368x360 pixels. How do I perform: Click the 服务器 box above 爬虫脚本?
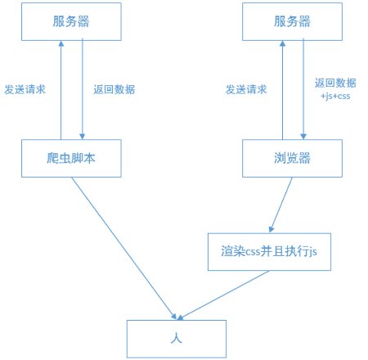(x=71, y=21)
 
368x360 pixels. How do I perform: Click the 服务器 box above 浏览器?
(x=292, y=21)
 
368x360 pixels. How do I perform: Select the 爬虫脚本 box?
(x=71, y=158)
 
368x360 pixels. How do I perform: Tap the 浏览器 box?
(x=292, y=158)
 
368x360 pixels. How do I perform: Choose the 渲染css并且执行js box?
(x=269, y=251)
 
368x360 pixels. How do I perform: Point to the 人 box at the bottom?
(x=176, y=338)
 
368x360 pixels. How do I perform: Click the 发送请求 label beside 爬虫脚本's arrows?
(x=25, y=89)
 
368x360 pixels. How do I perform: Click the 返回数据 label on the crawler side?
(x=114, y=89)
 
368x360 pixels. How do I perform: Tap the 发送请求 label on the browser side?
(x=246, y=89)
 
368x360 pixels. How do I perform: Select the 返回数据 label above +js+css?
(x=335, y=83)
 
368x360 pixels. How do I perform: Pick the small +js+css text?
(x=335, y=97)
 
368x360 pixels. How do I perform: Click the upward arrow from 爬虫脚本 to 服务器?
(x=61, y=90)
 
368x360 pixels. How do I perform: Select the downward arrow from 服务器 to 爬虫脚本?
(x=82, y=90)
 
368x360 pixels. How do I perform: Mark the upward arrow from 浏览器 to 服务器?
(x=282, y=90)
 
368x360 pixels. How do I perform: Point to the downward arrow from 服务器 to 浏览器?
(x=303, y=90)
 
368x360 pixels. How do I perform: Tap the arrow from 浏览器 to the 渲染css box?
(x=281, y=205)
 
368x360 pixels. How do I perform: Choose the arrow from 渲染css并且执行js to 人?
(x=223, y=295)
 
